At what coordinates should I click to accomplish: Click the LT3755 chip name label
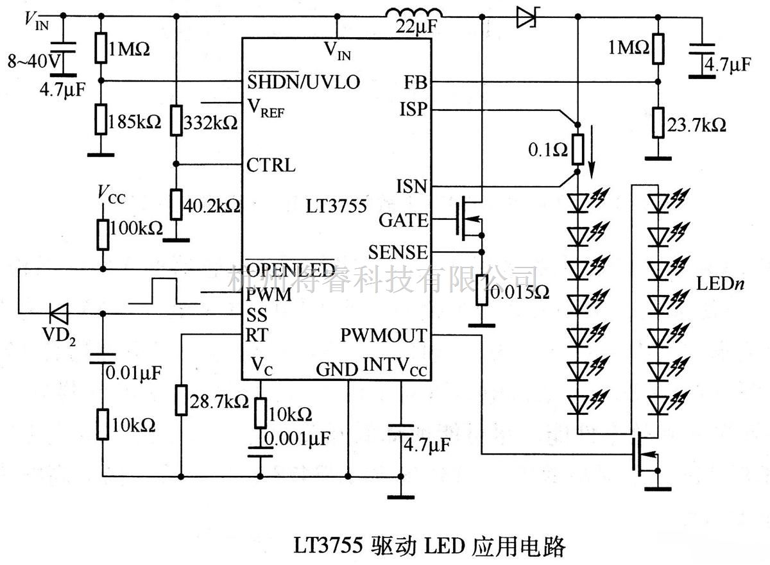pos(336,207)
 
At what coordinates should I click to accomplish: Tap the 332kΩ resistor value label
pos(210,122)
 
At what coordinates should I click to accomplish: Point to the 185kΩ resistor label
pos(135,121)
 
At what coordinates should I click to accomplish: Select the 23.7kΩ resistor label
pos(697,124)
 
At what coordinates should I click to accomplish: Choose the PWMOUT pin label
pos(383,335)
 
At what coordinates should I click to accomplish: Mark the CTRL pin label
pos(271,165)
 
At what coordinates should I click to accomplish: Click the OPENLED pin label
pos(291,269)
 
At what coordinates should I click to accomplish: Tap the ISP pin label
pos(412,110)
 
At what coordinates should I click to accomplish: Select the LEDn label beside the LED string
pos(720,283)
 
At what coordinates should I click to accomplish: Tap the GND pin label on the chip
pos(337,369)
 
